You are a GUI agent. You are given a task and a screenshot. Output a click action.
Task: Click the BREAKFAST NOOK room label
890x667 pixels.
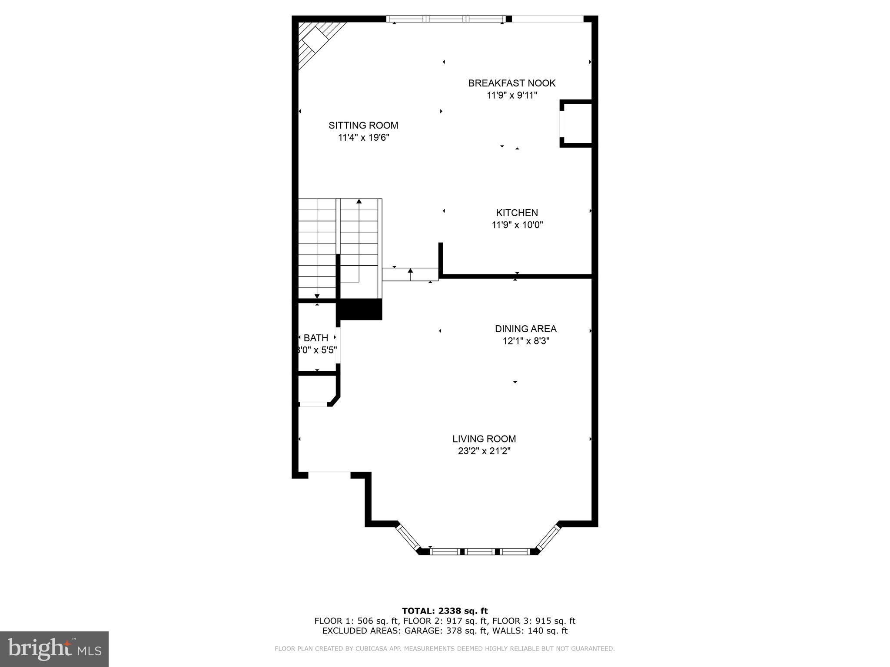(511, 83)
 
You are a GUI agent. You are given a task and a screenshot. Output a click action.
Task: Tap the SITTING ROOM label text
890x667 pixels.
(363, 125)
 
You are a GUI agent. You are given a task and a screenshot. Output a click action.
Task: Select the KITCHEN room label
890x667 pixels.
(517, 213)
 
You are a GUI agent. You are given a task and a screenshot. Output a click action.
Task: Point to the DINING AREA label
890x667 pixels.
(525, 329)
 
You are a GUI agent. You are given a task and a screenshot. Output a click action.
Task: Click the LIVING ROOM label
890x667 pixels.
(484, 439)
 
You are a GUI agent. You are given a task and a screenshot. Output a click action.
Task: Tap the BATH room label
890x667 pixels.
(316, 338)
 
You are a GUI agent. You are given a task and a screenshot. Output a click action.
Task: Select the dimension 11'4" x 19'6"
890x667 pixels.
(363, 138)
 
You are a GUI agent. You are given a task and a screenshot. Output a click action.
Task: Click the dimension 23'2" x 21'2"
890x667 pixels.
(484, 451)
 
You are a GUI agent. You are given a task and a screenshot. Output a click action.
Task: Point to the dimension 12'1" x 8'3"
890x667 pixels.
(526, 341)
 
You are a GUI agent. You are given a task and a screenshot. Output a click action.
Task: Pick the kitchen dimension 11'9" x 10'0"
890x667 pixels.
(517, 225)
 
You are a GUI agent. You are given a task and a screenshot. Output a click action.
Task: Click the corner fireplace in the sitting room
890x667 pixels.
(316, 41)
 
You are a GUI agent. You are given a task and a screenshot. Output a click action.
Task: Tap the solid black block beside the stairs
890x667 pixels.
(360, 309)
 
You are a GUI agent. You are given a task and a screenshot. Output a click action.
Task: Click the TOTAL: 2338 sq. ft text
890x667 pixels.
(445, 611)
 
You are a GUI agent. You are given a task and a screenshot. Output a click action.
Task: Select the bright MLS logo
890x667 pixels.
(54, 649)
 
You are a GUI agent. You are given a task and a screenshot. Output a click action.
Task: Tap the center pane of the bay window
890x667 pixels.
(480, 551)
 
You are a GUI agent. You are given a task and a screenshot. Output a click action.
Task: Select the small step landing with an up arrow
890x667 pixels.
(410, 274)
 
